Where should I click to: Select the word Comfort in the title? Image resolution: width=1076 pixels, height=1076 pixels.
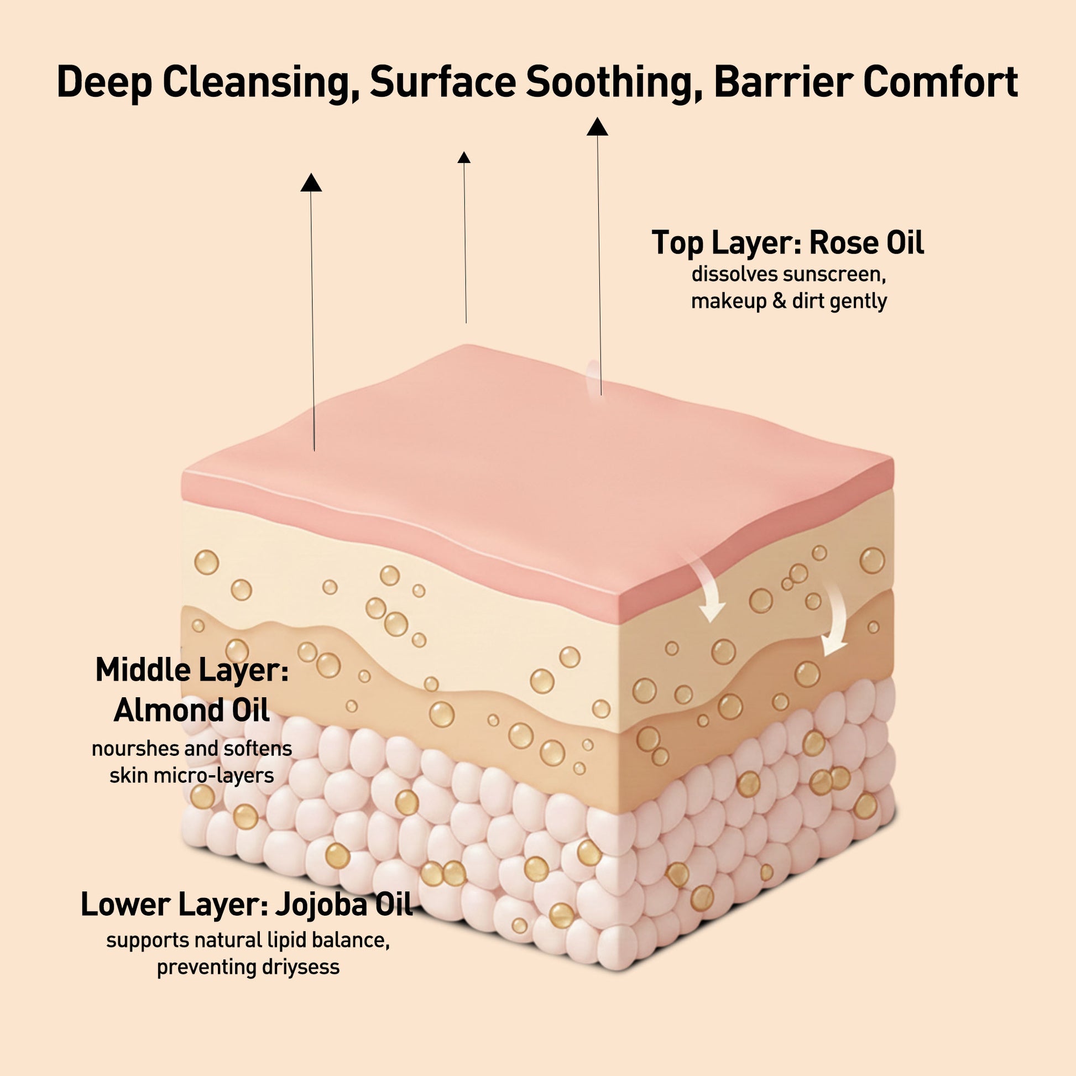[941, 81]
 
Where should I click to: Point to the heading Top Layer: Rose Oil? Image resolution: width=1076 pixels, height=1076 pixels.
[787, 243]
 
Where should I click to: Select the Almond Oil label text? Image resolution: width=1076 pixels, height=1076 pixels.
[191, 711]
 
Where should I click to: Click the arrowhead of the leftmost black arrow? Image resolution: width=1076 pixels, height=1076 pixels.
[311, 182]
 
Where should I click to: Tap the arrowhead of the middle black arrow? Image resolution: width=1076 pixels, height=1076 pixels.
[464, 158]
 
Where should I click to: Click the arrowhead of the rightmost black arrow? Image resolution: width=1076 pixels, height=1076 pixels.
[597, 127]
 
